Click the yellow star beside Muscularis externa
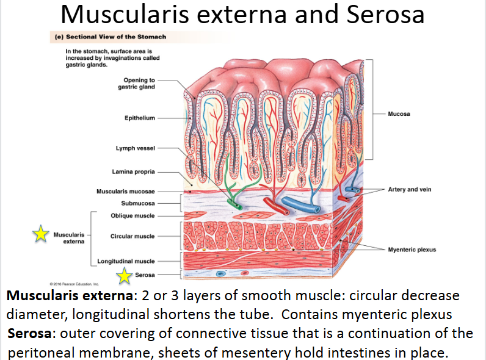pos(41,233)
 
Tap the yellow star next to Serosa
pos(125,276)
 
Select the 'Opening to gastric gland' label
pos(139,84)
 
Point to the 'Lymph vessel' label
pos(135,148)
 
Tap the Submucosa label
pos(138,203)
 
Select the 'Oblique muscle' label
pos(132,215)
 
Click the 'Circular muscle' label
pos(132,236)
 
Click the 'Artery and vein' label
pos(409,190)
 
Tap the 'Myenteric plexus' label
pos(412,250)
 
